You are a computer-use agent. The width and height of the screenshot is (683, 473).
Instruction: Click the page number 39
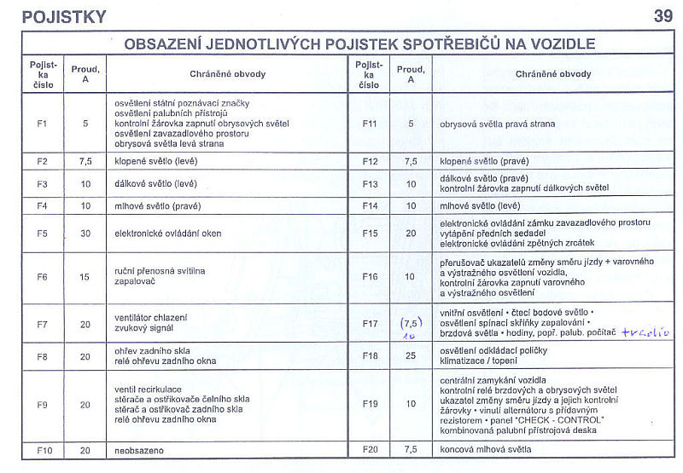[x=663, y=15]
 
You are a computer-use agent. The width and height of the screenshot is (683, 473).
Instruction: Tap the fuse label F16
[x=370, y=276]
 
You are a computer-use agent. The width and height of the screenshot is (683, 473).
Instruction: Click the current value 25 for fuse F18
[x=411, y=355]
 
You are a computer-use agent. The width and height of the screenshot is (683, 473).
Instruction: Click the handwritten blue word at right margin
[x=645, y=332]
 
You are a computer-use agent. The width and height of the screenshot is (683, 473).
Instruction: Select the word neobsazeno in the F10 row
[x=138, y=448]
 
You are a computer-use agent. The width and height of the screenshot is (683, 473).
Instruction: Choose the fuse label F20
[x=370, y=448]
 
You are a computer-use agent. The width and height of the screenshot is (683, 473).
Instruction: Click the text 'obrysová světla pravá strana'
[x=497, y=124]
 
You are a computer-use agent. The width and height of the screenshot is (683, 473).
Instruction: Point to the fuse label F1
[x=43, y=124]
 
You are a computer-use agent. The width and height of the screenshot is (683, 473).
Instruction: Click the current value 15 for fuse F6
[x=85, y=276]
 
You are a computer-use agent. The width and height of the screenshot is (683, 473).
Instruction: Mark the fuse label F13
[x=370, y=183]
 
